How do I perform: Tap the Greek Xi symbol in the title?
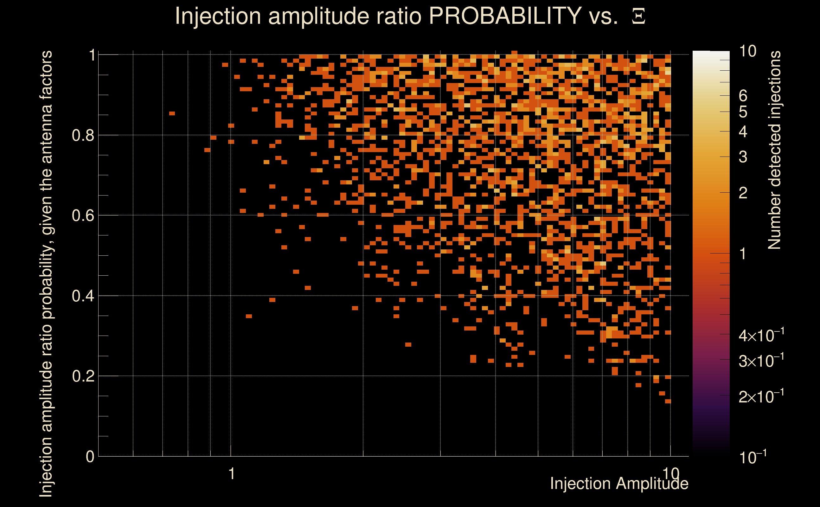pos(638,16)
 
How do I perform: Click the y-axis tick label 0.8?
pos(83,136)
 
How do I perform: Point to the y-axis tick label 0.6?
pos(83,215)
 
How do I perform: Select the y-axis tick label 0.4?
pos(83,296)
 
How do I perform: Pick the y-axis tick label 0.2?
pos(83,376)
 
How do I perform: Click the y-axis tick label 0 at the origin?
pos(90,457)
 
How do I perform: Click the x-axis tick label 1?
pos(231,474)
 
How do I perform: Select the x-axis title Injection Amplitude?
pos(619,484)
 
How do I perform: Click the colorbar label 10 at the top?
pos(747,51)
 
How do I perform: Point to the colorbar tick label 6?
pos(743,96)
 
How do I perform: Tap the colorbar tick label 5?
pos(743,112)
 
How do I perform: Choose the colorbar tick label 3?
pos(743,157)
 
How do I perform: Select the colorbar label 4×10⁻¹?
pos(761,335)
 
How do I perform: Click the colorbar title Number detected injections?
pos(774,150)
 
